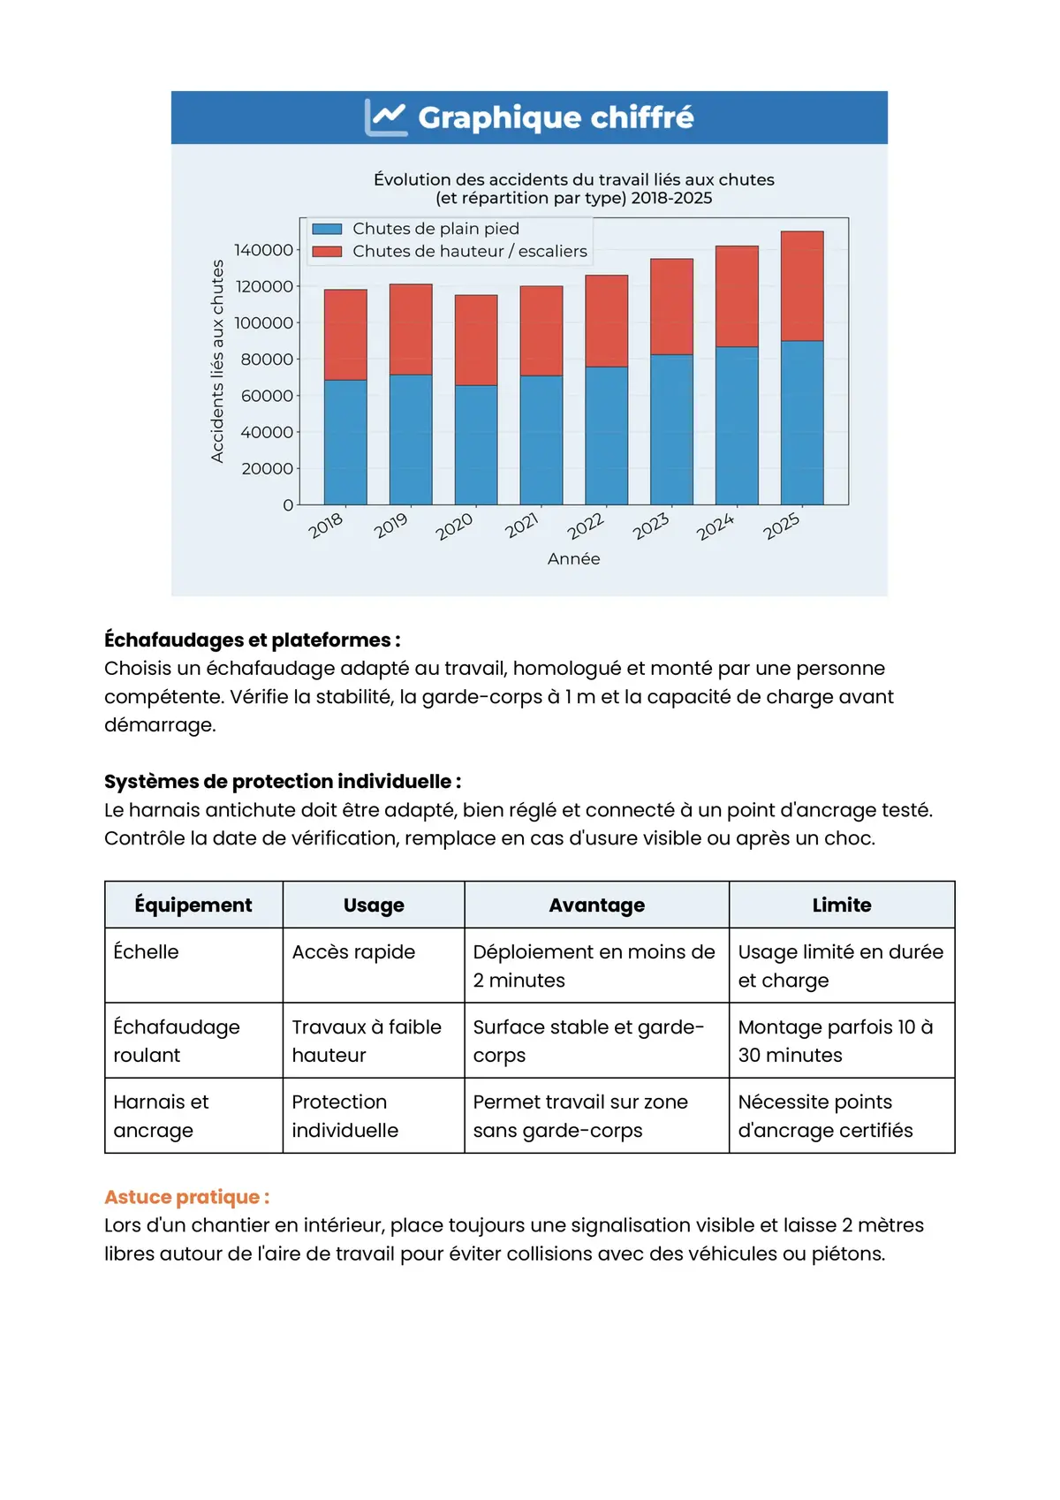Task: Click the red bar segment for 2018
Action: pos(345,335)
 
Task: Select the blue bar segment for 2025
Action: pos(802,422)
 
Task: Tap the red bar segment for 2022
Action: pos(607,321)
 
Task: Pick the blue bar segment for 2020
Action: pos(476,444)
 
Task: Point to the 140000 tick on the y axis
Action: pos(263,250)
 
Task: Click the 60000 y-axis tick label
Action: pos(267,396)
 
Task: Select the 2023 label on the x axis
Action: pos(651,527)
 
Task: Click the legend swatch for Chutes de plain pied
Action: pos(327,229)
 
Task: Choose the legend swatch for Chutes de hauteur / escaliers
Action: pos(327,252)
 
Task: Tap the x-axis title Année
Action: pos(573,559)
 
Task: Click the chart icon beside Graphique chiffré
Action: pos(386,117)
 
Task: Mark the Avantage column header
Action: pos(596,905)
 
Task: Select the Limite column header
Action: pos(841,905)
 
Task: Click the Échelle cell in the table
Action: pos(147,952)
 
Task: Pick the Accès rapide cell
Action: pos(353,952)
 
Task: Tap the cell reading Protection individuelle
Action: pos(345,1116)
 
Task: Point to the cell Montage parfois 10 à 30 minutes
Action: pos(835,1041)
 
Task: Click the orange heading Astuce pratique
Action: pos(186,1197)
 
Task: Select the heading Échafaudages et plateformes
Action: pos(252,640)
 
